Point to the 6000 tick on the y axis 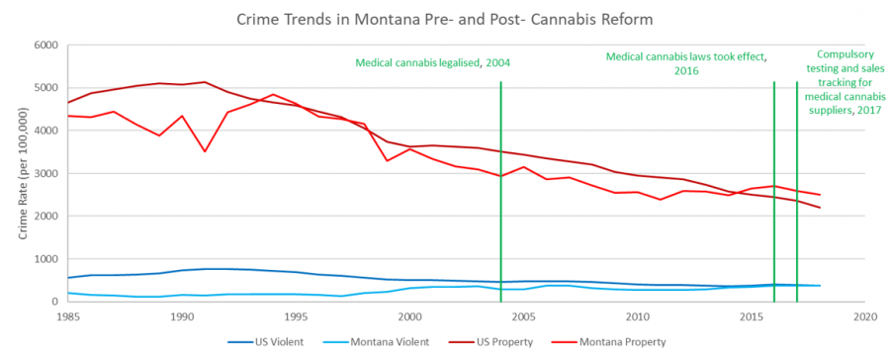(x=45, y=45)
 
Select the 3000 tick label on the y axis (x=45, y=173)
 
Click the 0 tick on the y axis (x=55, y=302)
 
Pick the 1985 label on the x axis (x=67, y=317)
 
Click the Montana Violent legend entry (x=401, y=342)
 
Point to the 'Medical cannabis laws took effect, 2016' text (x=686, y=64)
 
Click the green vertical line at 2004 (x=501, y=198)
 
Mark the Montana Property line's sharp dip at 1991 (x=205, y=151)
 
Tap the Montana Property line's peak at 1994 (x=273, y=95)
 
